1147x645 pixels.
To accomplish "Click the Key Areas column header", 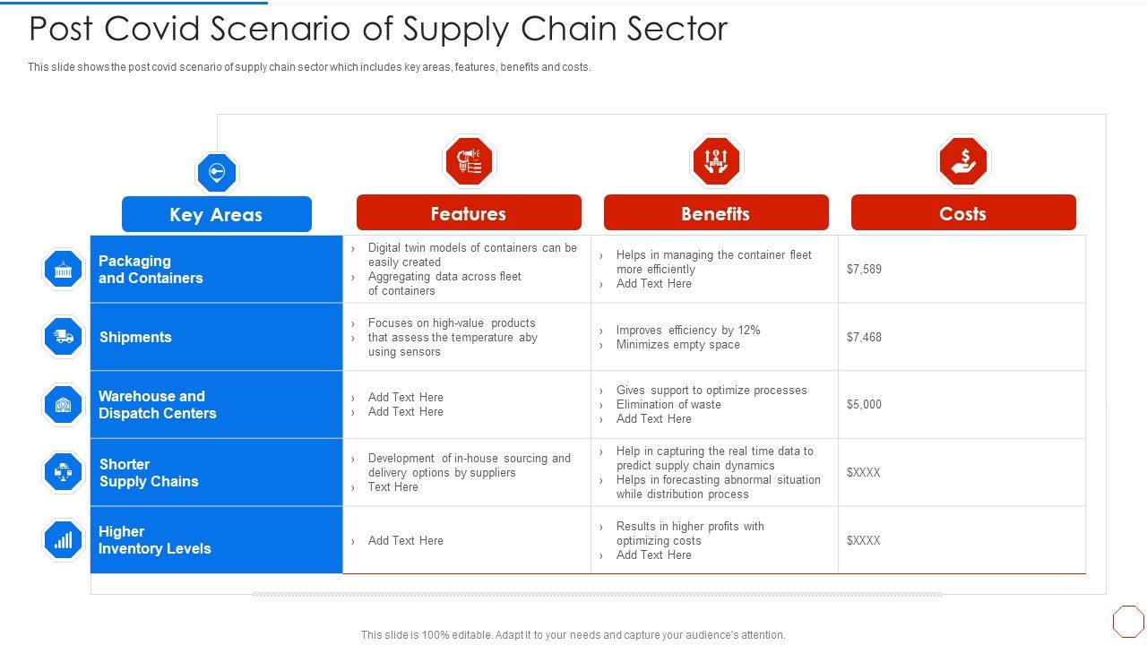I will (x=216, y=215).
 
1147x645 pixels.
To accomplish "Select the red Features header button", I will (x=469, y=213).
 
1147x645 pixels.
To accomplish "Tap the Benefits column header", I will (x=715, y=213).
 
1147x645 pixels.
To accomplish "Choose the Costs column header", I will (x=962, y=213).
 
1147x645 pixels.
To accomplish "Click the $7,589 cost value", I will (x=864, y=269).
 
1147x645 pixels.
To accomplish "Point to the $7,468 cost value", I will (x=864, y=337).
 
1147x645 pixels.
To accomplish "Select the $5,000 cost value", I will (x=864, y=404).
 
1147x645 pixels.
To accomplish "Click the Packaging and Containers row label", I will (x=151, y=270).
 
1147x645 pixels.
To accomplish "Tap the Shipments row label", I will (x=135, y=337).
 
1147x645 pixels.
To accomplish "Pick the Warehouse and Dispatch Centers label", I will (x=157, y=405).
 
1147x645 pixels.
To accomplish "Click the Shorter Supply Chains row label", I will (x=149, y=473).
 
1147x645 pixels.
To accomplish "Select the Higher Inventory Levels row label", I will (x=154, y=540).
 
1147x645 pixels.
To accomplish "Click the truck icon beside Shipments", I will (x=63, y=337).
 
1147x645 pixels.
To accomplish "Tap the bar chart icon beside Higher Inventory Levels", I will (x=63, y=540).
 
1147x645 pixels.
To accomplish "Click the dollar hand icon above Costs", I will (x=962, y=161).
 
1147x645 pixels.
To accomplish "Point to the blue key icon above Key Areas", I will (x=216, y=172).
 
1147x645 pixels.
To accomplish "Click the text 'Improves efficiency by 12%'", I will (x=687, y=330).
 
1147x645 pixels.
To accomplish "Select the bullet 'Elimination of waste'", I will (x=668, y=404).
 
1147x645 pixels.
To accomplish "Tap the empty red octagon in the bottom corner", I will (x=1128, y=621).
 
